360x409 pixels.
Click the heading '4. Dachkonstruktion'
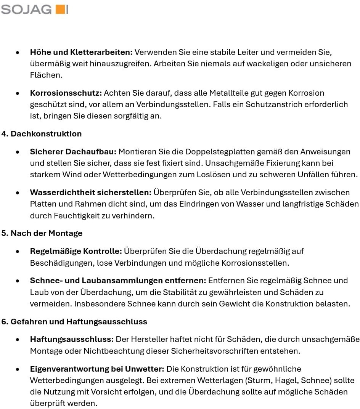[x=42, y=134]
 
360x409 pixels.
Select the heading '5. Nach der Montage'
[x=42, y=233]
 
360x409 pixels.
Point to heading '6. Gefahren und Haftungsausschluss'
[x=74, y=322]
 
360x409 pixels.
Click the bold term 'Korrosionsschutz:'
[x=66, y=93]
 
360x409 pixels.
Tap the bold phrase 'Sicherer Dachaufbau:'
[x=73, y=152]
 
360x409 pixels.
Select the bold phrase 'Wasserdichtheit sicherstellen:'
[x=91, y=192]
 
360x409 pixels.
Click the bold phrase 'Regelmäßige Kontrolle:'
[x=76, y=251]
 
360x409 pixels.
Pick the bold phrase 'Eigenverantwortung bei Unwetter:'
[x=97, y=369]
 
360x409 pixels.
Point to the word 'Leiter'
[x=231, y=52]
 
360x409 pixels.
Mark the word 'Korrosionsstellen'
[x=258, y=263]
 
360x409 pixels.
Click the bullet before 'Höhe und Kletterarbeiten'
[x=18, y=52]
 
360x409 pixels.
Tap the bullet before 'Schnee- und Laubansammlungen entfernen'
[x=18, y=281]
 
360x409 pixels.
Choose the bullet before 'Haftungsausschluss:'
[x=18, y=340]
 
